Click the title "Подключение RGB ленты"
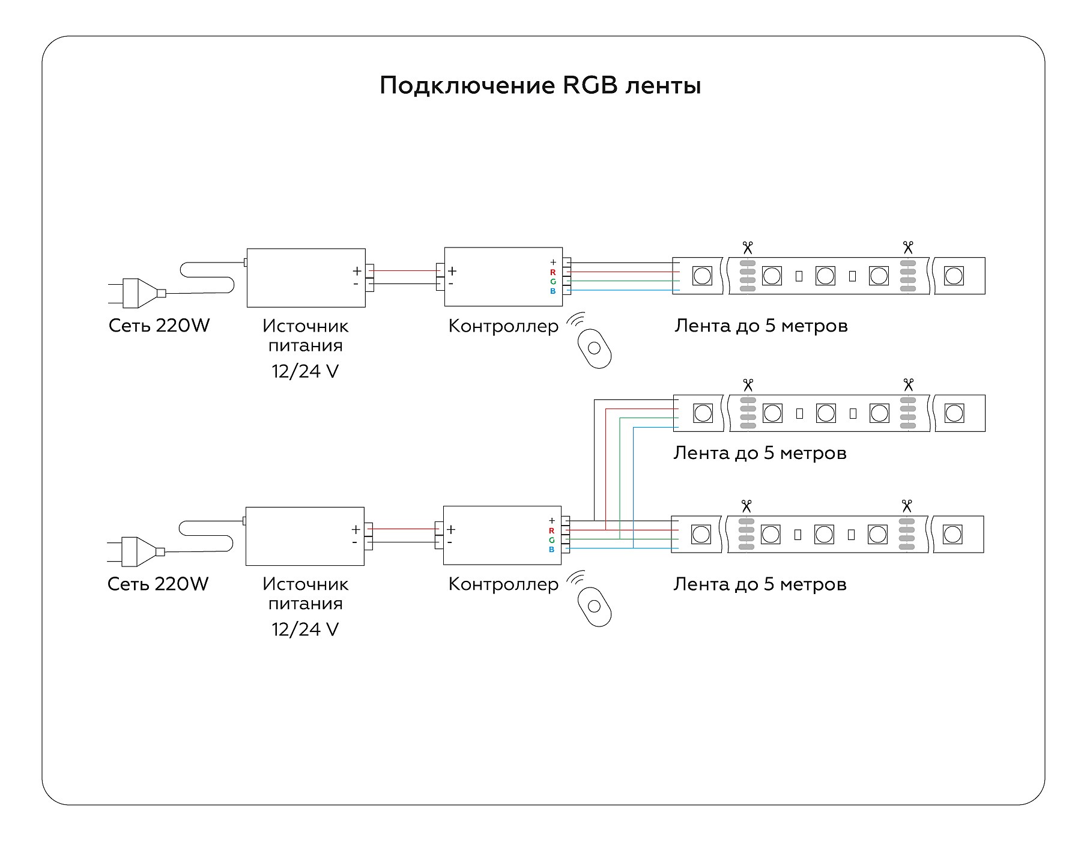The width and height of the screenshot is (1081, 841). point(540,86)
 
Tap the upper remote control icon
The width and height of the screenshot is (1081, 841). point(594,348)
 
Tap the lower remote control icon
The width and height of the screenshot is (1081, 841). point(594,607)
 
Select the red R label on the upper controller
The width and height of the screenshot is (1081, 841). point(553,272)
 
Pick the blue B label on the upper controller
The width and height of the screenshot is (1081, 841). point(553,291)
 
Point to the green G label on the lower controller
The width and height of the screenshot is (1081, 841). point(551,540)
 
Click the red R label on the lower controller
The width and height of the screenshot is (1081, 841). point(551,530)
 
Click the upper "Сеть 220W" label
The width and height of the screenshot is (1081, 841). point(159,326)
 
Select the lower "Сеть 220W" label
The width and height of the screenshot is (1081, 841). point(158,584)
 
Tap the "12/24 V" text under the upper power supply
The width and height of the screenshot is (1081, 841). point(305,371)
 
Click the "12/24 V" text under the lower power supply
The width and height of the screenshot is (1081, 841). point(305,630)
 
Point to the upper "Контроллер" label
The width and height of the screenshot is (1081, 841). point(503,326)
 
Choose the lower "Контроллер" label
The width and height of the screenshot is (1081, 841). point(503,584)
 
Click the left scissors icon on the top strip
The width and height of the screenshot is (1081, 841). point(747,247)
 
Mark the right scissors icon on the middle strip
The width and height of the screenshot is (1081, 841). point(908,384)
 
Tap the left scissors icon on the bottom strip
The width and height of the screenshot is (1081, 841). point(746,505)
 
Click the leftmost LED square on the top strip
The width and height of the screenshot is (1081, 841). point(702,276)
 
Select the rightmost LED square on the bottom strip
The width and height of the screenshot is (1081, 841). point(952,534)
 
